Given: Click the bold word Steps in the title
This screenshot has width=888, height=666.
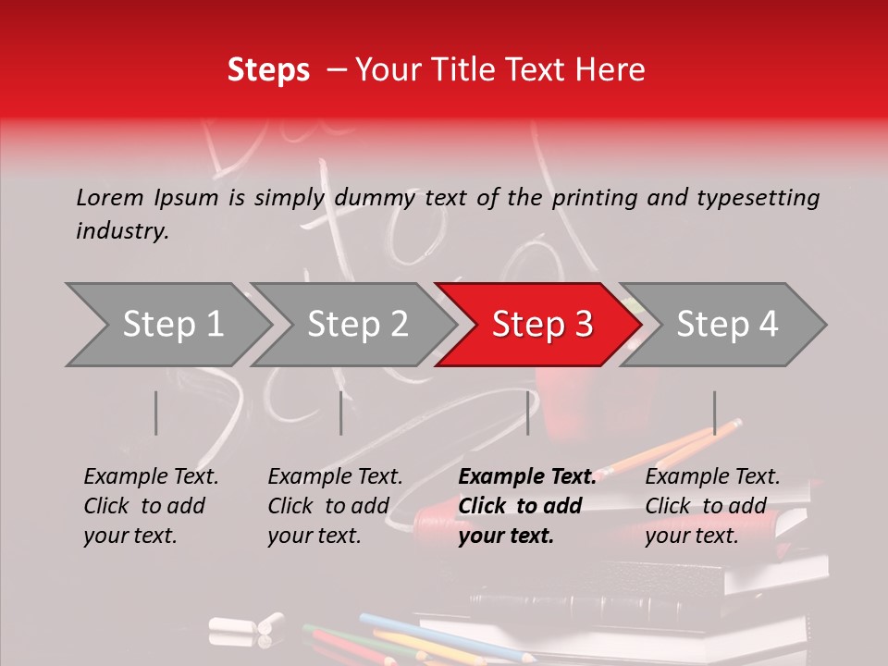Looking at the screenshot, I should tap(268, 69).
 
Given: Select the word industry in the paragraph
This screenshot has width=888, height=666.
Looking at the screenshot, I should tap(122, 231).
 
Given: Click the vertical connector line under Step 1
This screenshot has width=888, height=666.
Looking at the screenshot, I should tap(155, 413).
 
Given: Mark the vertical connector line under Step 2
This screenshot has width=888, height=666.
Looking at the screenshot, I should tap(340, 413).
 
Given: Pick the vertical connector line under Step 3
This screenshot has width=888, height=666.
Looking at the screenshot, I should tap(527, 413).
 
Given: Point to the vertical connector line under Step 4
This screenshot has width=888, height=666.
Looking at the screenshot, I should tap(714, 413).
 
